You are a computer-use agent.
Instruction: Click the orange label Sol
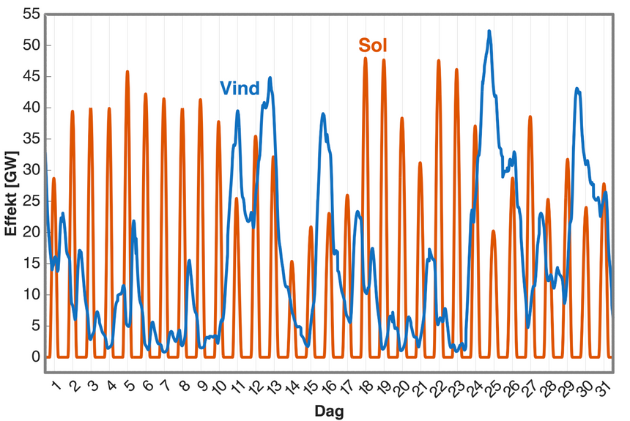pyautogui.click(x=373, y=46)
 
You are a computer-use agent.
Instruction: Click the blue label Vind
pyautogui.click(x=240, y=89)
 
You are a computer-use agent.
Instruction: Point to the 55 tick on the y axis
pyautogui.click(x=31, y=15)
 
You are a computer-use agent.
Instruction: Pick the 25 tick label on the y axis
pyautogui.click(x=31, y=201)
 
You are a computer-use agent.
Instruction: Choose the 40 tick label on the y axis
pyautogui.click(x=31, y=108)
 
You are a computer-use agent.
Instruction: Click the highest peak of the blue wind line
pyautogui.click(x=489, y=31)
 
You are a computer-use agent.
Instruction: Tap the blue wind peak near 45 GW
pyautogui.click(x=270, y=78)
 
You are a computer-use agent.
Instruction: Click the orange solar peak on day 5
pyautogui.click(x=127, y=72)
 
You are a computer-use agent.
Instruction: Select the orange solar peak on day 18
pyautogui.click(x=366, y=59)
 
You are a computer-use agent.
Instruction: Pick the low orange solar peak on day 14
pyautogui.click(x=292, y=261)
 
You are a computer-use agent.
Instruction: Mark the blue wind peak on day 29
pyautogui.click(x=577, y=89)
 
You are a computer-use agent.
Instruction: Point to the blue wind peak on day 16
pyautogui.click(x=323, y=114)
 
